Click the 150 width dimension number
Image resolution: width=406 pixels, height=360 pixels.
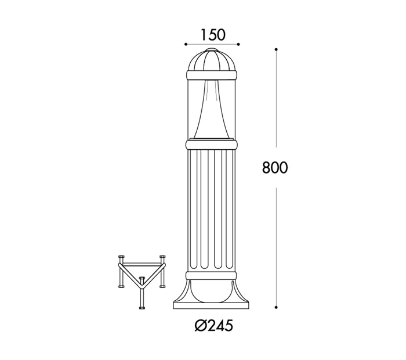click(212, 35)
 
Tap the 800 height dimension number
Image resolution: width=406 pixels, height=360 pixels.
click(275, 168)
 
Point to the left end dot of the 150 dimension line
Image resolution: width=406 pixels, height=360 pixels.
click(185, 44)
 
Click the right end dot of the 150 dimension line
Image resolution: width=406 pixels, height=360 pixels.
click(239, 44)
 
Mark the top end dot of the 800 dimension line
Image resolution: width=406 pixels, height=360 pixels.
click(276, 50)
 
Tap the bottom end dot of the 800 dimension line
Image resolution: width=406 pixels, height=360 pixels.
click(276, 306)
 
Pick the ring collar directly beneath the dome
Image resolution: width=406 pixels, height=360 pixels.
click(212, 75)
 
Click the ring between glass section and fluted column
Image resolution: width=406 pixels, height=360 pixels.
click(212, 143)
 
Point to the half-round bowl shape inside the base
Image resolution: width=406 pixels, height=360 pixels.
click(212, 291)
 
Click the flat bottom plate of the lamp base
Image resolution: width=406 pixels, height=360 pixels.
click(212, 305)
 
